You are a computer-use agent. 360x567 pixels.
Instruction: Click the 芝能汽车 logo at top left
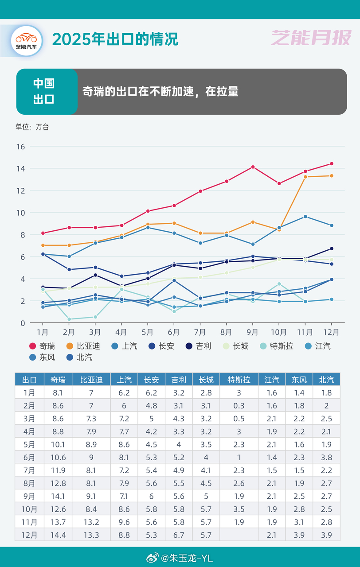point(26,41)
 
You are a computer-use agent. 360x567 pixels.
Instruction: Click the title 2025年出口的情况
point(115,39)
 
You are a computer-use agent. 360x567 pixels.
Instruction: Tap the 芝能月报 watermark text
point(311,38)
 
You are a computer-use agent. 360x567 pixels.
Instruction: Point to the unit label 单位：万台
point(32,127)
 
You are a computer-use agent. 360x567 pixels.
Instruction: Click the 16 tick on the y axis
point(20,147)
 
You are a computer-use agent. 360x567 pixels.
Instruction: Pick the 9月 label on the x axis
point(252,332)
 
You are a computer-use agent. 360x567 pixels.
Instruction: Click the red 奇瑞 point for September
point(253,167)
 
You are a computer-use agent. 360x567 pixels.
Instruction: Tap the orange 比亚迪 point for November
point(305,177)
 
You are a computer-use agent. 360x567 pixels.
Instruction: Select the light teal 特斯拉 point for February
point(69,319)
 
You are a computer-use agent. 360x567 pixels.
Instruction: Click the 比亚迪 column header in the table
point(91,380)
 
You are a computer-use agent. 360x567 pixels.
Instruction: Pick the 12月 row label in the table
point(29,534)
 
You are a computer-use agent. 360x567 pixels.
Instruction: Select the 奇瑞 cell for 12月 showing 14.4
point(58,534)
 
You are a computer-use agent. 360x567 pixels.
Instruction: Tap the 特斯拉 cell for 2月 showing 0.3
point(239,405)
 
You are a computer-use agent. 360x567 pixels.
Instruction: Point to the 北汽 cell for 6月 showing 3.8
point(326,457)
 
